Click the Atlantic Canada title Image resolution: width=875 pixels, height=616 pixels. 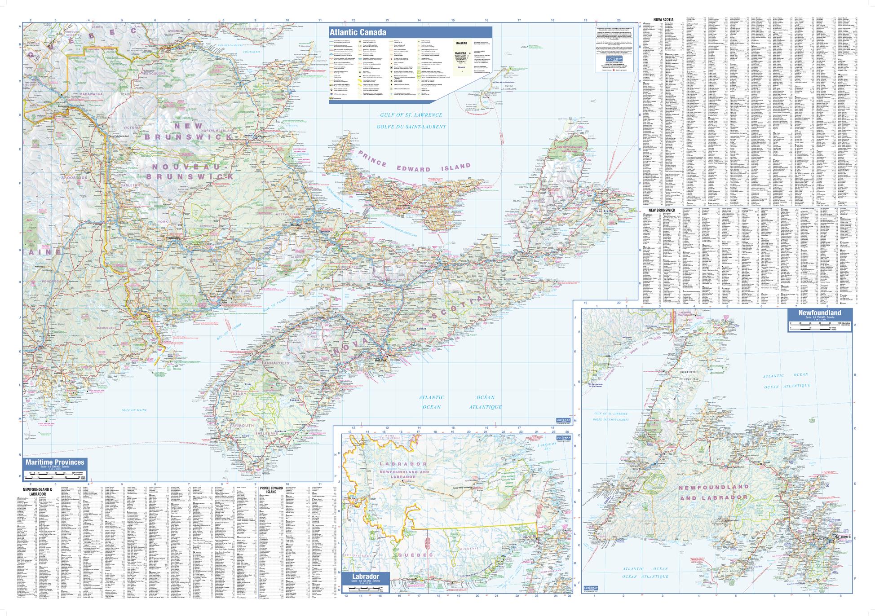pos(358,32)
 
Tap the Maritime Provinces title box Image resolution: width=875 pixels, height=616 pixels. pos(54,462)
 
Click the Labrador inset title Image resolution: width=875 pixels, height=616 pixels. pos(366,576)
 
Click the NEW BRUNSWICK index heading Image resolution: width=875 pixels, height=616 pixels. pos(659,210)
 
